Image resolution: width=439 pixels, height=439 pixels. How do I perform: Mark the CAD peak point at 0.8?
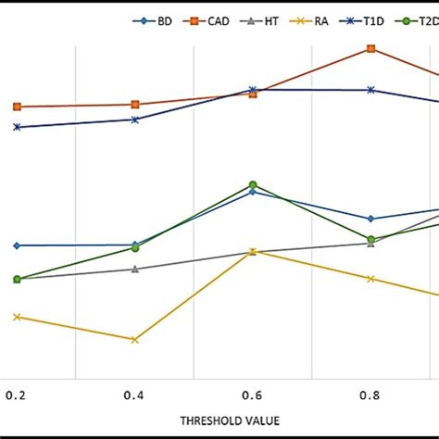tap(370, 48)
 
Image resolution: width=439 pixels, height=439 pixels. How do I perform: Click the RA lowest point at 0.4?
tap(135, 339)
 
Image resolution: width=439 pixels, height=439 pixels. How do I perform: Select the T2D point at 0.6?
tap(253, 186)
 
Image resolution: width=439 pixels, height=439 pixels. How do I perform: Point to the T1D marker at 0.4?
tap(135, 119)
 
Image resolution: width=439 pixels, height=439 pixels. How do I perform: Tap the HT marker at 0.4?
tap(135, 270)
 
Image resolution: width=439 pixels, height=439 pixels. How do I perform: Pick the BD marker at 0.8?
tap(370, 219)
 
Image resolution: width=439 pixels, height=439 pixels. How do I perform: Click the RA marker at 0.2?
tap(17, 317)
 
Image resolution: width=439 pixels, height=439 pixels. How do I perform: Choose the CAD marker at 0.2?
tap(17, 107)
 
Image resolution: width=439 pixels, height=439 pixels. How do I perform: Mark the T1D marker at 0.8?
tap(370, 90)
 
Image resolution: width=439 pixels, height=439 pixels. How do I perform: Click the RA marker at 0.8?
tap(370, 279)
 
